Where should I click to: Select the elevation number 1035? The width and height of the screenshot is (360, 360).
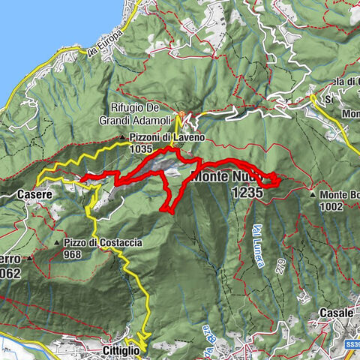tap(141, 149)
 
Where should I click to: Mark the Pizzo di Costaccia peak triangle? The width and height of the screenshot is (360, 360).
tap(57, 244)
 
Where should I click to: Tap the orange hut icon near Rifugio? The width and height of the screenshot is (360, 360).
tap(180, 116)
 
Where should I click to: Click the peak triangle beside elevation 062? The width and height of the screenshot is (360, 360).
tap(31, 258)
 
